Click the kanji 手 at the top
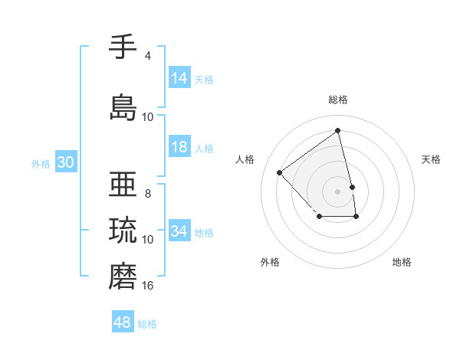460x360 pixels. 123,47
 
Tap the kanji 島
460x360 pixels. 123,107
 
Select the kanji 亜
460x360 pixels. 123,185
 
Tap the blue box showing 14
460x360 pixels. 179,77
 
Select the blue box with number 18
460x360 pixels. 179,147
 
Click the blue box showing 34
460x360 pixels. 179,231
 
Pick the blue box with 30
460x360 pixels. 66,162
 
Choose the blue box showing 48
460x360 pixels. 123,322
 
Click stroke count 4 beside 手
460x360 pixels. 148,56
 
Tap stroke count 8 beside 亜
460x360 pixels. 148,194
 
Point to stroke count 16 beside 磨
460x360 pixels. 148,286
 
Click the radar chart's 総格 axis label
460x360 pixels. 338,100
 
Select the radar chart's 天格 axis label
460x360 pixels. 432,159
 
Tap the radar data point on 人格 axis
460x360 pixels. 280,172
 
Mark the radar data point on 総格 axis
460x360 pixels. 338,131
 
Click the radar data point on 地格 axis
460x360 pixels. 356,218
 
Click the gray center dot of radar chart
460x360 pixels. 338,191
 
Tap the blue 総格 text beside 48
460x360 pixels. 147,324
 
